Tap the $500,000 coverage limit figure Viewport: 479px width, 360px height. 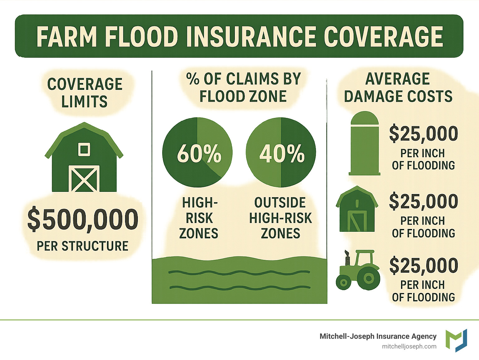click(x=83, y=219)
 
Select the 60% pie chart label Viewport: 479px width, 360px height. click(x=199, y=153)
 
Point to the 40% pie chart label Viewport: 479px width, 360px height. click(x=282, y=153)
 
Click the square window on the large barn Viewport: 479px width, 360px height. click(x=84, y=149)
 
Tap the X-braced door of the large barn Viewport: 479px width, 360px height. click(x=84, y=178)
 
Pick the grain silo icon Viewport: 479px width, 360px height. click(x=365, y=143)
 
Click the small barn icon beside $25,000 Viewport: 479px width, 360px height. click(x=357, y=209)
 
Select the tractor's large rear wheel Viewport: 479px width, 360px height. click(x=369, y=278)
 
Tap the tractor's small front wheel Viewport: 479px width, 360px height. click(x=343, y=283)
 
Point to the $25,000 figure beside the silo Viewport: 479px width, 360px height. click(x=423, y=134)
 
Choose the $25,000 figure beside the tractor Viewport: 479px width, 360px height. click(x=423, y=266)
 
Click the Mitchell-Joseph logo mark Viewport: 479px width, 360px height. click(x=456, y=340)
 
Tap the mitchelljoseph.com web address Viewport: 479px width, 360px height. click(x=409, y=347)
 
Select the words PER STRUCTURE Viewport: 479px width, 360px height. click(x=83, y=246)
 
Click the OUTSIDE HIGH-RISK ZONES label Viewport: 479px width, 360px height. click(x=280, y=218)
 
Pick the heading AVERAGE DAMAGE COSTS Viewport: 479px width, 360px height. click(x=398, y=88)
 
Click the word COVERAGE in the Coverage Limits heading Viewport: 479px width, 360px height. click(x=85, y=84)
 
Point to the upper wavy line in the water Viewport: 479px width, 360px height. click(x=239, y=272)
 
